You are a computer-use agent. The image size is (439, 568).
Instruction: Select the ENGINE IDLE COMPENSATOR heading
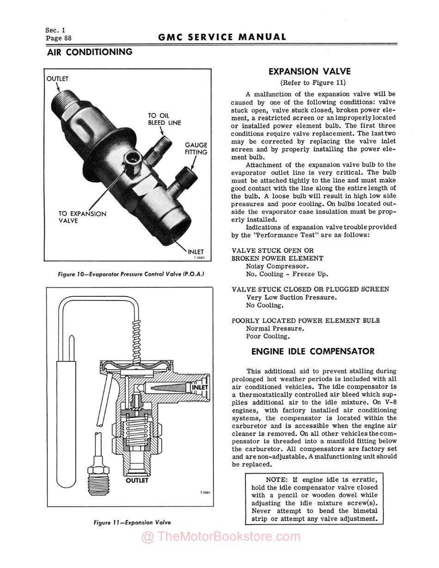(313, 352)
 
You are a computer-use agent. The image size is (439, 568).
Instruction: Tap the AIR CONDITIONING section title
(90, 52)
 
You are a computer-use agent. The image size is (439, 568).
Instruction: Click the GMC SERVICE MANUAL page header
(222, 37)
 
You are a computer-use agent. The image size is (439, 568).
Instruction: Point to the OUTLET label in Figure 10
(57, 79)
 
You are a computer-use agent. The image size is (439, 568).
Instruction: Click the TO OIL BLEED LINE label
(164, 119)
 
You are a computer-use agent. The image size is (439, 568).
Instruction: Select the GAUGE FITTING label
(196, 148)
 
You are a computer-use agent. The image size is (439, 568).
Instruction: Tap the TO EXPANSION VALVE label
(82, 217)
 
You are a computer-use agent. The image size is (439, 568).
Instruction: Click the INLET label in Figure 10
(196, 252)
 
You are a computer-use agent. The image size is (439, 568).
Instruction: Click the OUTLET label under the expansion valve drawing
(137, 481)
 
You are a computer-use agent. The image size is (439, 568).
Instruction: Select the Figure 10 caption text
(131, 274)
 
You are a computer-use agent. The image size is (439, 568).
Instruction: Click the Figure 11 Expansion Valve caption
(132, 523)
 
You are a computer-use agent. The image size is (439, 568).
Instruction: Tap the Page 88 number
(58, 38)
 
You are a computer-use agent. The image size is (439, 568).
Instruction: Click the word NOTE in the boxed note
(276, 480)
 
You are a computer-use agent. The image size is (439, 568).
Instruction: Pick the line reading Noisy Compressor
(277, 266)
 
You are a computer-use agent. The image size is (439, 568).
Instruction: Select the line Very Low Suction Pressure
(292, 298)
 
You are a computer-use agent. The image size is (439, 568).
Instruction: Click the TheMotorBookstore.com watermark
(220, 537)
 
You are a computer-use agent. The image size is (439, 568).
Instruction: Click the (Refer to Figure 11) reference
(313, 83)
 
